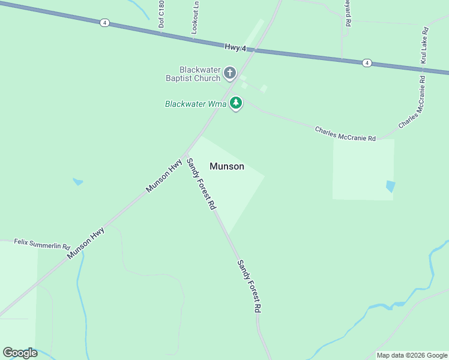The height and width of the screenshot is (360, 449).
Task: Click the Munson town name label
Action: click(227, 166)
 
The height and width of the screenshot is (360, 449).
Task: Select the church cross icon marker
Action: click(229, 73)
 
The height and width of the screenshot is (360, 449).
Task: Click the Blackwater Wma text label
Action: click(196, 104)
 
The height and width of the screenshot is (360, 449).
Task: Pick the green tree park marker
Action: click(236, 103)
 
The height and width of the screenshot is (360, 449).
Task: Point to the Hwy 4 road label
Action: click(236, 47)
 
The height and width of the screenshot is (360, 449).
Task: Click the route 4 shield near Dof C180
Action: click(105, 23)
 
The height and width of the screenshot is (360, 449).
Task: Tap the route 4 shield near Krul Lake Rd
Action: click(366, 62)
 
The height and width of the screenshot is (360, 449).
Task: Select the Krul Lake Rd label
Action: click(424, 46)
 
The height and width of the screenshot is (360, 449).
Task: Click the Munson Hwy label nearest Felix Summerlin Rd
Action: click(86, 243)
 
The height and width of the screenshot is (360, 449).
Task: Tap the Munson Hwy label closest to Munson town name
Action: click(164, 176)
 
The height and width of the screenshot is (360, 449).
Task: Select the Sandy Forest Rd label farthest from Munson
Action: click(249, 286)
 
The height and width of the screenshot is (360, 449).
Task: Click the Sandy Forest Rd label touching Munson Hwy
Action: click(200, 183)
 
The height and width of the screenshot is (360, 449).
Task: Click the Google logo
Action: click(20, 353)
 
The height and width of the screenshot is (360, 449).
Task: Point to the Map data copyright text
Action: click(412, 355)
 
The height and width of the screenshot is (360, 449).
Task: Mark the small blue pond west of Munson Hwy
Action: click(77, 181)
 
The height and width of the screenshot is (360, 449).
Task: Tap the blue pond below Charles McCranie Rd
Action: click(391, 187)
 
